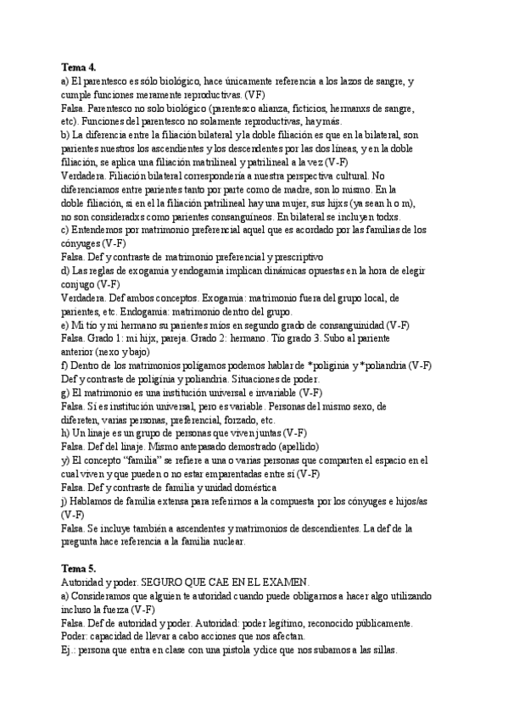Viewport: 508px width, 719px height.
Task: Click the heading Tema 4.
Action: click(79, 66)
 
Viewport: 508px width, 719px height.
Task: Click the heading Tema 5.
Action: click(79, 566)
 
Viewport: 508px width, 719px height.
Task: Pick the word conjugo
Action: click(80, 284)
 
